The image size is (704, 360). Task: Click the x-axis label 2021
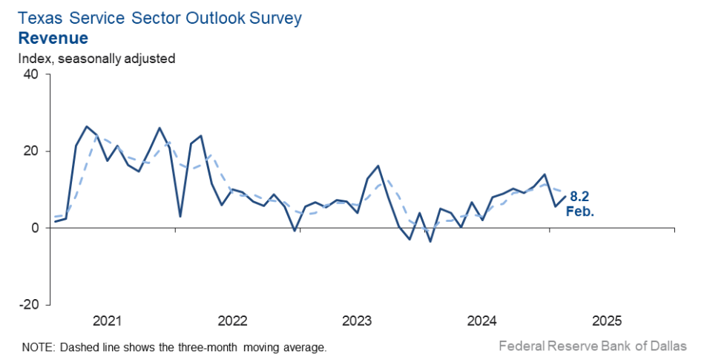[108, 321]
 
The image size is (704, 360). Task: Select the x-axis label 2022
[232, 321]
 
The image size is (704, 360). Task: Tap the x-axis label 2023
[357, 321]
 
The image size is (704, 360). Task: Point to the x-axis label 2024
[481, 321]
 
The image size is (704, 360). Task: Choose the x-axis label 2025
[606, 321]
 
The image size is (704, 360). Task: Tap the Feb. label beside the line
[581, 212]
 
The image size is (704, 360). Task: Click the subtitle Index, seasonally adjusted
[96, 58]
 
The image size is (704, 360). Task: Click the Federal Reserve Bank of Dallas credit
[592, 346]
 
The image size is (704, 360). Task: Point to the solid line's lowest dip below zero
[430, 241]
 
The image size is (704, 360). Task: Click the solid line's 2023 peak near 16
[378, 166]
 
